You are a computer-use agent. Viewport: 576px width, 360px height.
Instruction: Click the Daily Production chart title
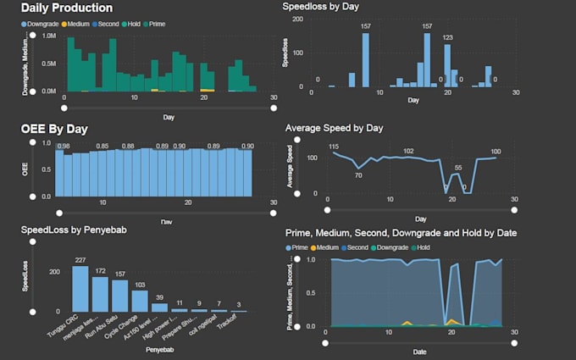[67, 8]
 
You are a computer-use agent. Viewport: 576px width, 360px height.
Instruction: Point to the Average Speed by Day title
[335, 128]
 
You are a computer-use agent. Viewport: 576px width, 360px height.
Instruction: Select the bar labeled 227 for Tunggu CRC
[80, 289]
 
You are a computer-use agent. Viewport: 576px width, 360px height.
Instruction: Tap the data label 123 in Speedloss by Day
[448, 38]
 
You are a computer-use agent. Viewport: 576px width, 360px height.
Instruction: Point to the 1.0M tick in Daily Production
[48, 36]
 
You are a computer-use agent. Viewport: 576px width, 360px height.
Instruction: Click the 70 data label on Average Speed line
[358, 175]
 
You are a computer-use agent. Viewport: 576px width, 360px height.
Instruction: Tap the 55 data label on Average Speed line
[458, 168]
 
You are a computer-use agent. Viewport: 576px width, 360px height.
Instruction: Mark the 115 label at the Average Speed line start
[334, 147]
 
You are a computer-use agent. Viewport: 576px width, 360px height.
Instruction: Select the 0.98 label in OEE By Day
[64, 147]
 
